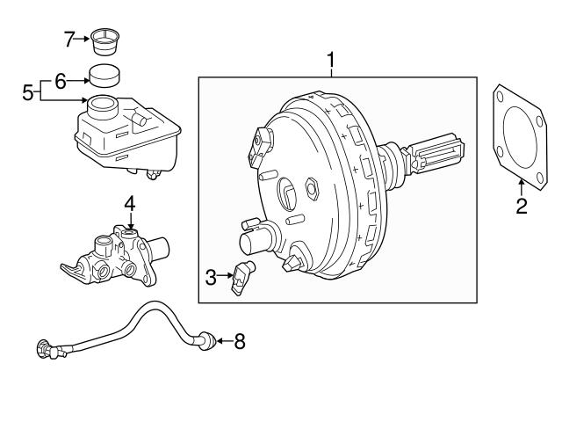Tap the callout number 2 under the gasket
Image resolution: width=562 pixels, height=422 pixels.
point(521,207)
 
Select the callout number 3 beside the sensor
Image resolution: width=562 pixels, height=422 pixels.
point(211,279)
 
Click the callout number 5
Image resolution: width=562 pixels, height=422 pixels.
point(28,91)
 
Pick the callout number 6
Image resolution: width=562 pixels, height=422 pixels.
point(61,81)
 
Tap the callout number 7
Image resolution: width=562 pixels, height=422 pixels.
point(70,38)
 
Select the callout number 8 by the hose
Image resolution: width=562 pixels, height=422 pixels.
point(239,341)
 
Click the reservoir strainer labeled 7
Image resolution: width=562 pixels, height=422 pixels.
point(106,40)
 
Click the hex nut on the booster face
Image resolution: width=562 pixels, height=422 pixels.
point(312,186)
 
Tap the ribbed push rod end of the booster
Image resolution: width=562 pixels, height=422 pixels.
point(435,154)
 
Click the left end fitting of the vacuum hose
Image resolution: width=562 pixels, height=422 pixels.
point(47,348)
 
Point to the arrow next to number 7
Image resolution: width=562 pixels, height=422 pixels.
point(85,38)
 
